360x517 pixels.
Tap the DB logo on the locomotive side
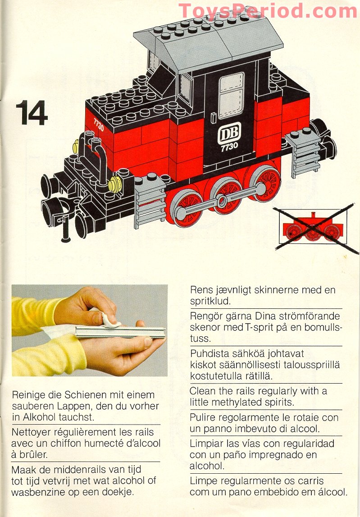(229, 133)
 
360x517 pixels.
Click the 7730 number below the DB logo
(229, 147)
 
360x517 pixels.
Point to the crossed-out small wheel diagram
(311, 227)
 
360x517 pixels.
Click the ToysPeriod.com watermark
(268, 11)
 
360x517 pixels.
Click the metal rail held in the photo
(119, 332)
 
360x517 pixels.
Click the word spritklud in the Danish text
(210, 301)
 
